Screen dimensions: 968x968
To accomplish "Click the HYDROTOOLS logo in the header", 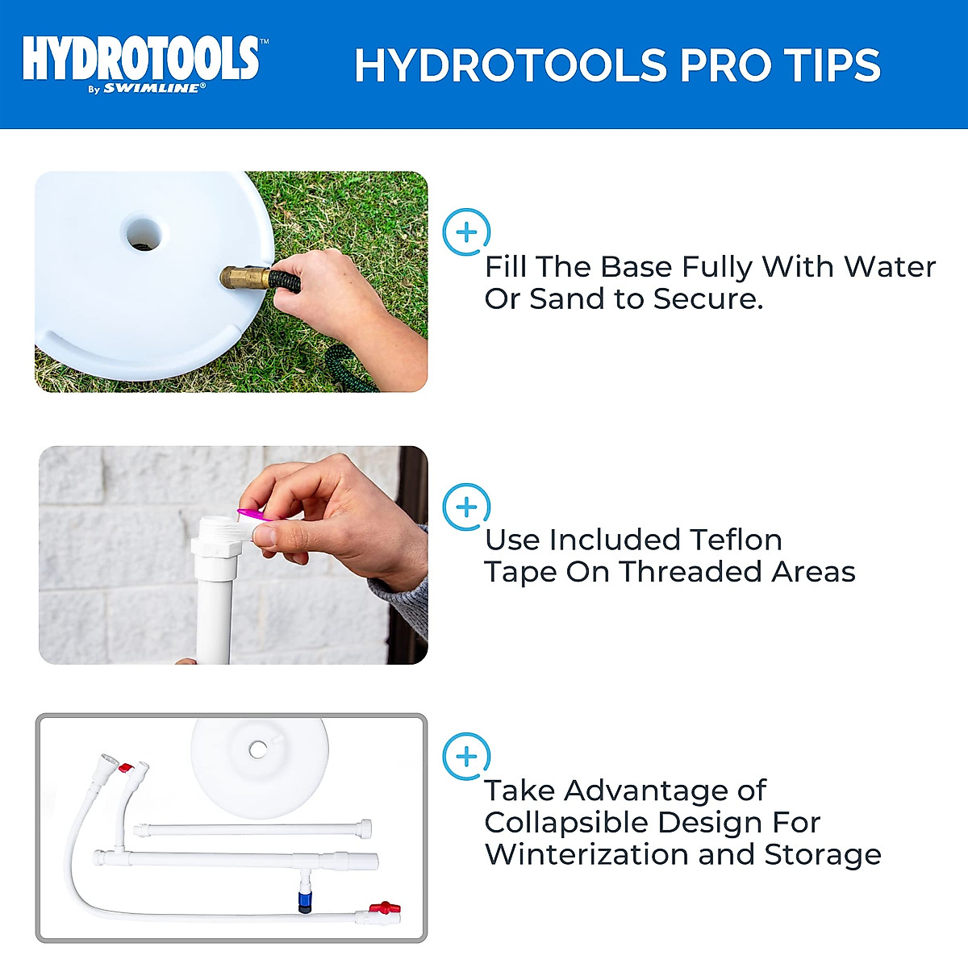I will (x=141, y=58).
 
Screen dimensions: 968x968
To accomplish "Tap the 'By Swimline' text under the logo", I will (x=147, y=89).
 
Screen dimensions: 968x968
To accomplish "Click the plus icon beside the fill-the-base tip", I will (x=466, y=232).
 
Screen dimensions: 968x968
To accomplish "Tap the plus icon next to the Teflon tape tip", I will (x=466, y=507).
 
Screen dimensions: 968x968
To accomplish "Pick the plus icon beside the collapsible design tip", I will (x=466, y=757).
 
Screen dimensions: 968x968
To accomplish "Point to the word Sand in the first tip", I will (x=568, y=299).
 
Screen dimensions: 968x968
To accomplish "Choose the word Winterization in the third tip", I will (x=587, y=854).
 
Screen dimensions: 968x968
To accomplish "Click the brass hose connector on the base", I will (x=245, y=279).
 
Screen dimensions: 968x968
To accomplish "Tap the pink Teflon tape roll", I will (x=251, y=514).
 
